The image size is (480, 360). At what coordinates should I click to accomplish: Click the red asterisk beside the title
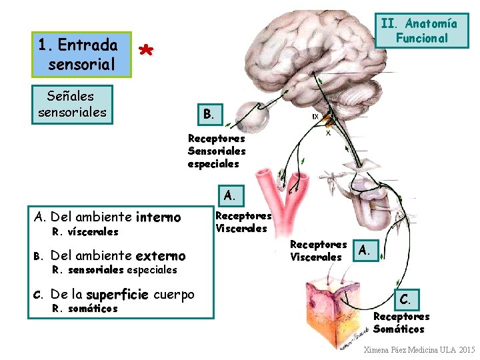click(147, 51)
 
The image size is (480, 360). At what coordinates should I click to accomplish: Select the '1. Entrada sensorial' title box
click(78, 55)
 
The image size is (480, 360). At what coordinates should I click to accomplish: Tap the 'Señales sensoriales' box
click(73, 105)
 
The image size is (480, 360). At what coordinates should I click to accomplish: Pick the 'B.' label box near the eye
click(209, 113)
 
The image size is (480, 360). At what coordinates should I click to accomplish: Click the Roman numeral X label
click(329, 133)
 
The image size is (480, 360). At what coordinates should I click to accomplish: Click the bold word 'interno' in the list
click(158, 217)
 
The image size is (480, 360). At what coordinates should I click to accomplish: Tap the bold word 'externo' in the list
click(160, 255)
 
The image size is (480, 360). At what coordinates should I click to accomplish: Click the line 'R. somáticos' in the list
click(85, 309)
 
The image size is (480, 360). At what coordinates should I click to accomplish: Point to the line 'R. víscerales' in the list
click(85, 232)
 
